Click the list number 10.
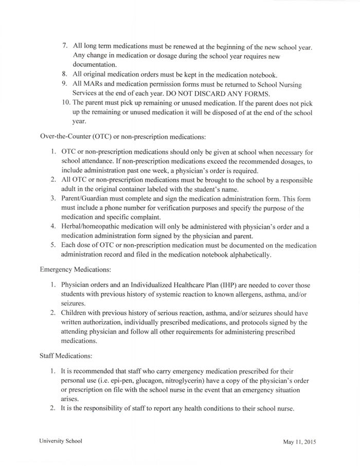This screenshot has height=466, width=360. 65,103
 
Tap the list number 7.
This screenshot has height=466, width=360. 65,47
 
